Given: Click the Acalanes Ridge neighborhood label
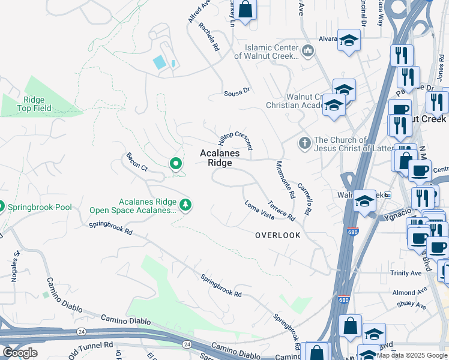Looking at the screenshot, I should [220, 158].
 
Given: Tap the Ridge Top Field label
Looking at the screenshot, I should [34, 104].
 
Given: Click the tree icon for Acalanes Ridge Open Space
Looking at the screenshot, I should [186, 205].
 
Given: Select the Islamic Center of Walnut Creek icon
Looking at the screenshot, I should [308, 50].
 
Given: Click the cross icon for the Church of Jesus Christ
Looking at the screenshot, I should [304, 144].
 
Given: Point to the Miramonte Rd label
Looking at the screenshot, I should [286, 179].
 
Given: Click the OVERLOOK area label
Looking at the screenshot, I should [277, 235].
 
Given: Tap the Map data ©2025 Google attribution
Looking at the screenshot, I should [412, 355].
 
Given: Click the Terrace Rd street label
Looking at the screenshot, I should [282, 210].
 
